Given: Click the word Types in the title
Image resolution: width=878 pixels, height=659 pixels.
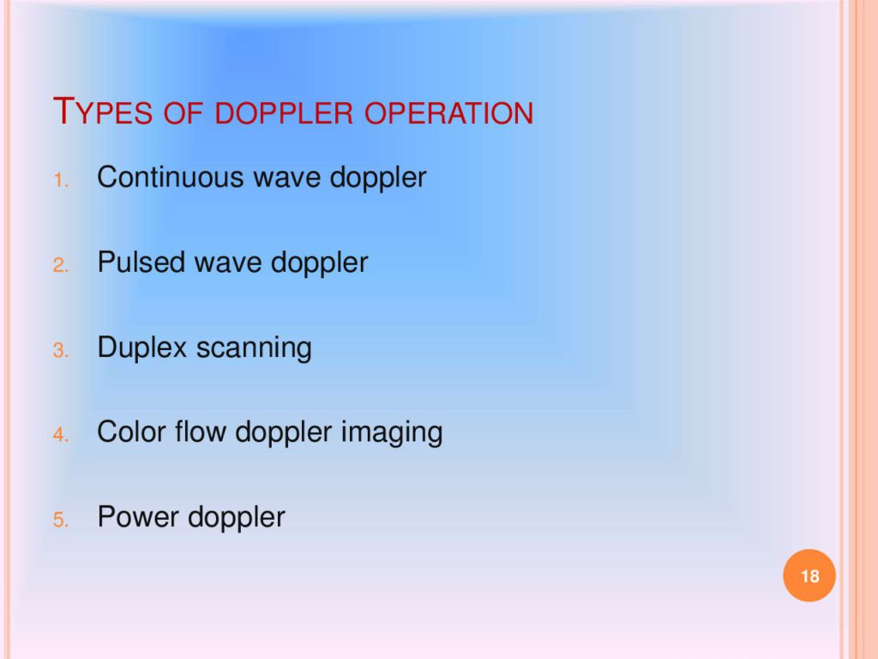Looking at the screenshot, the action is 103,111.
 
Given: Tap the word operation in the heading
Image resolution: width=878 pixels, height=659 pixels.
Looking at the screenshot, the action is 449,112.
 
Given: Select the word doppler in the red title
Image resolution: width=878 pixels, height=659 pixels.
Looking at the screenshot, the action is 284,112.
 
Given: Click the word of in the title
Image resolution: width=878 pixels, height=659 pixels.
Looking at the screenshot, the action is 183,112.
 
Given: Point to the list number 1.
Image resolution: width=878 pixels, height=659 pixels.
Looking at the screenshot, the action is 61,180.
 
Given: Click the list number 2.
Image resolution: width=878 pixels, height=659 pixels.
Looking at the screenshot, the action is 61,265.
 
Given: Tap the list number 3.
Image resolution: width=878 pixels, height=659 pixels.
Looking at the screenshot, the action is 61,350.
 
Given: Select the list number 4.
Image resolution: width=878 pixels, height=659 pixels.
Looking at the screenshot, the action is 61,435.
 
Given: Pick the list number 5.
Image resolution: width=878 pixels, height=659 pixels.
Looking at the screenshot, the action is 61,520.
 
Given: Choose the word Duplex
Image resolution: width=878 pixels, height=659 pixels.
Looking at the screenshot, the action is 141,348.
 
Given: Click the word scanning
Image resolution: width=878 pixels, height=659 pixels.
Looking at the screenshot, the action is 254,349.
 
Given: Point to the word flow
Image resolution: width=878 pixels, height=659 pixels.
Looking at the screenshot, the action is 200,432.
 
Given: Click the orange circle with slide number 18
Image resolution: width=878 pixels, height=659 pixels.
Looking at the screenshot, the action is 809,576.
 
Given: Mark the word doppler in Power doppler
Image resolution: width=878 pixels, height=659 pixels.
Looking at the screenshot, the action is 237,518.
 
